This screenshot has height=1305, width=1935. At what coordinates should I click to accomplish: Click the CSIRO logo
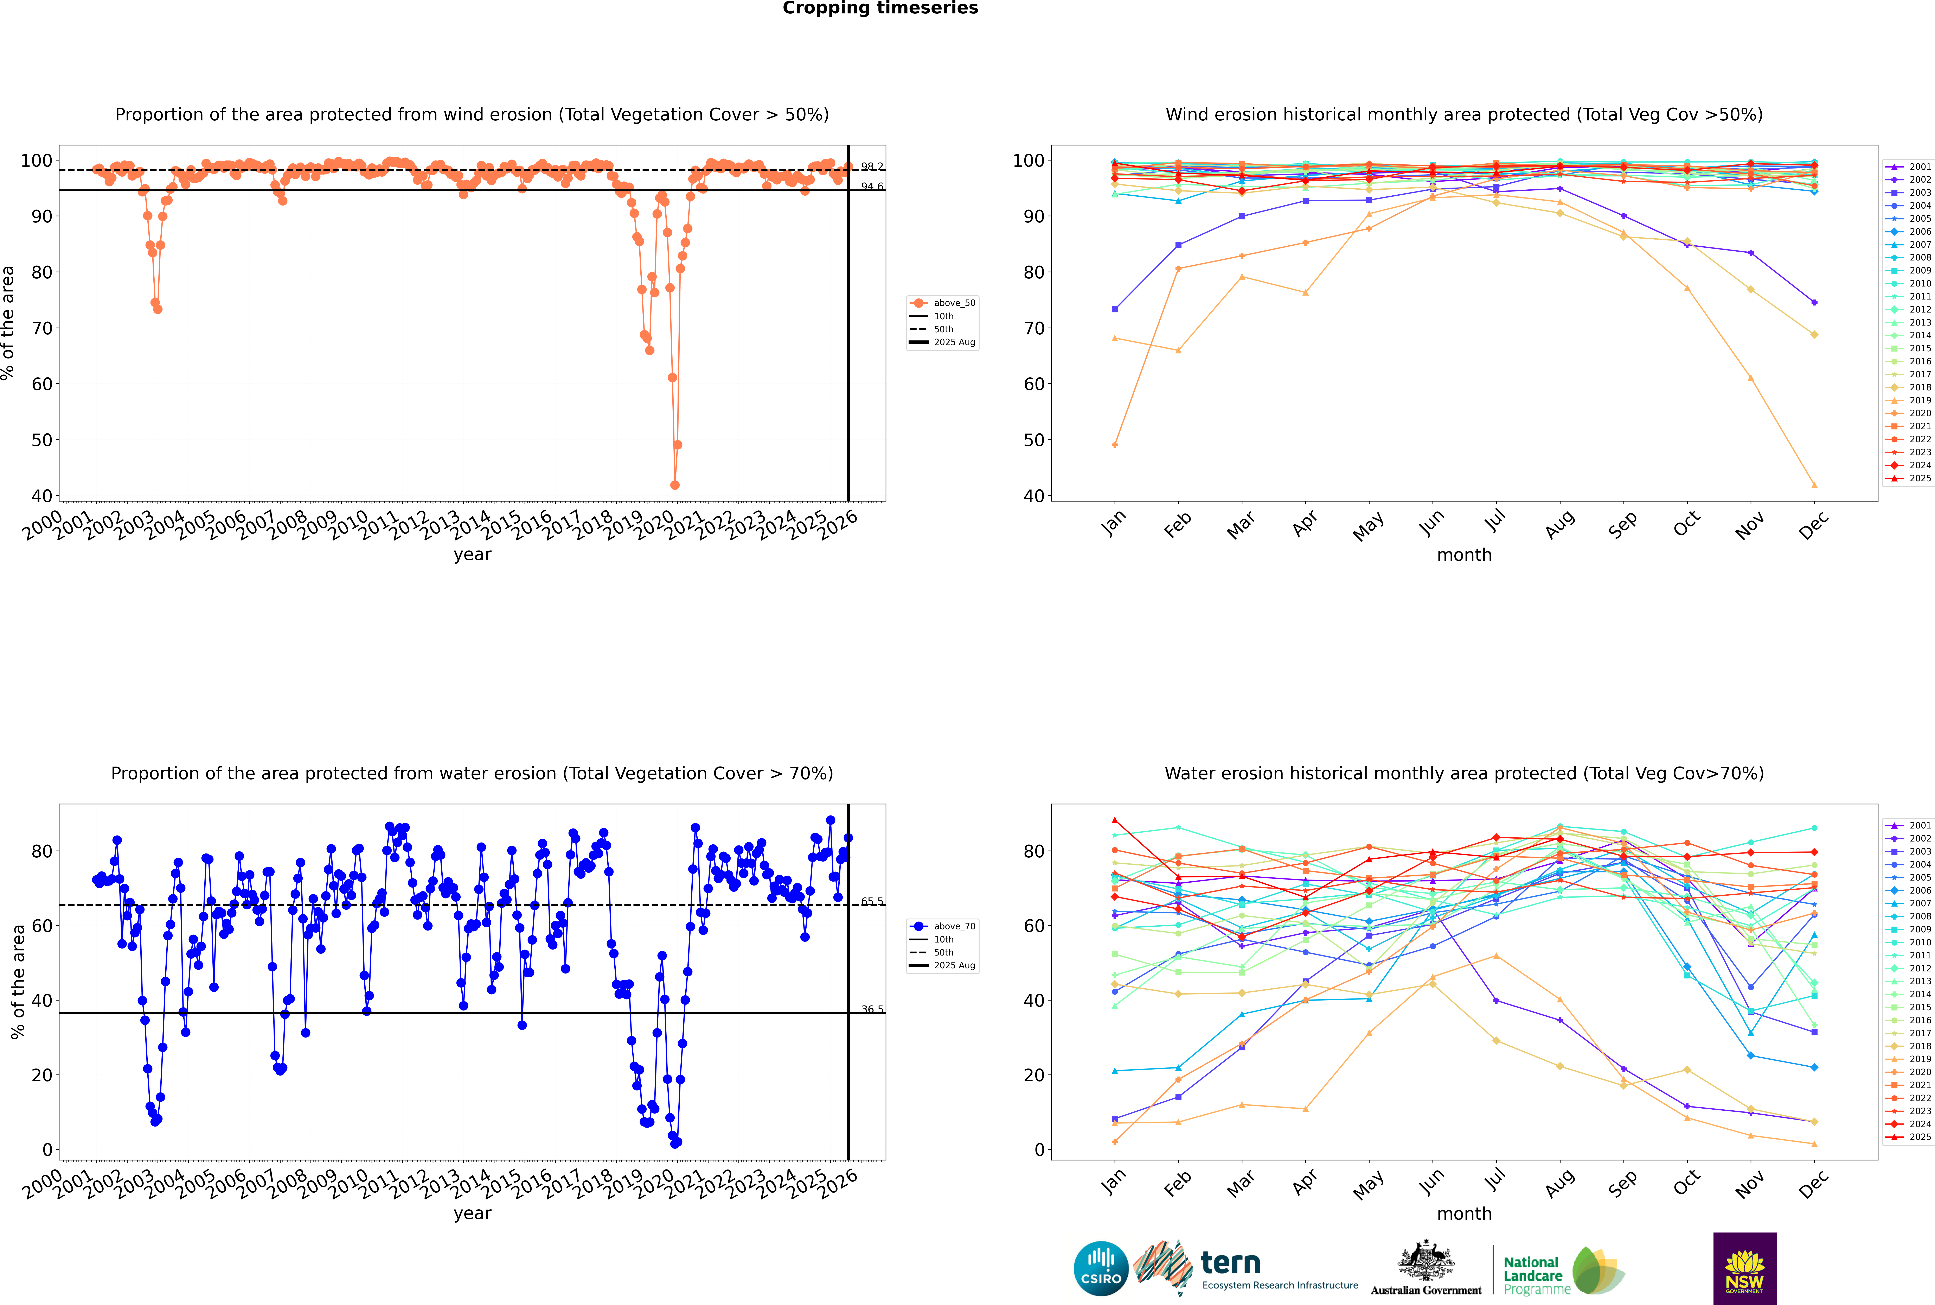(1101, 1268)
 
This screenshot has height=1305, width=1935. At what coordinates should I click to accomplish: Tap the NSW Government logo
(1744, 1268)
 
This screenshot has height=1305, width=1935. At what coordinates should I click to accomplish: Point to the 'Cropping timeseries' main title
(880, 8)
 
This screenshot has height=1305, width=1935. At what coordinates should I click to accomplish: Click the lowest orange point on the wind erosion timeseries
(675, 484)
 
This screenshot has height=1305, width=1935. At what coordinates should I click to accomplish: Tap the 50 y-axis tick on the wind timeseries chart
(41, 440)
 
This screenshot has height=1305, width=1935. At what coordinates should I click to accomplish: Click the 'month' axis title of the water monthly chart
(1464, 1213)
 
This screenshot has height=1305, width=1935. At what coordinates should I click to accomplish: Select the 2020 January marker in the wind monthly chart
(1115, 445)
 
